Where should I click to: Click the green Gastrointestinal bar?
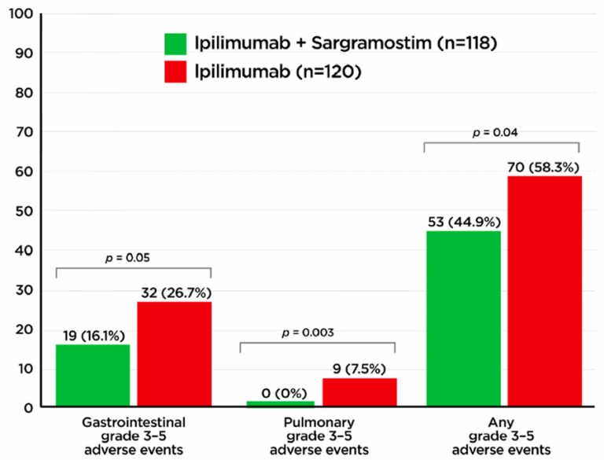(93, 375)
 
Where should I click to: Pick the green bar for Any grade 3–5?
(462, 318)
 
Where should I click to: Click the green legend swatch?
(175, 44)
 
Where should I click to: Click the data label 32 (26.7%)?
(174, 293)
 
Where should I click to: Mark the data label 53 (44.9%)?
(462, 222)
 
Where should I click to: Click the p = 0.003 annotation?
(317, 333)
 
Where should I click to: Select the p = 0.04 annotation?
(501, 133)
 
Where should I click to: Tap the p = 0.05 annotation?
(134, 257)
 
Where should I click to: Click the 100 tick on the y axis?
(20, 15)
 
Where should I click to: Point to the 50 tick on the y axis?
(23, 211)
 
